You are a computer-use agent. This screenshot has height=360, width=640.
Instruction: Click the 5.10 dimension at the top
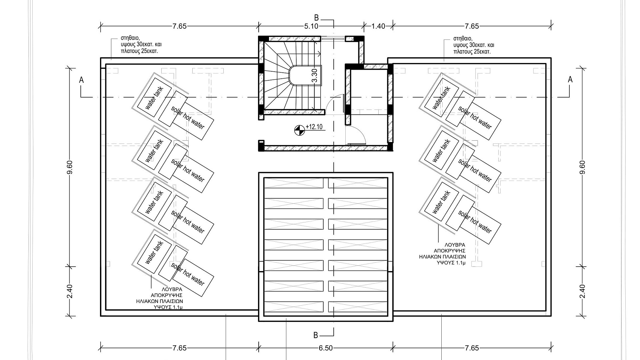pos(311,26)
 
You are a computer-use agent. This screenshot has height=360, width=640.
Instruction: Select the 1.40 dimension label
pos(378,26)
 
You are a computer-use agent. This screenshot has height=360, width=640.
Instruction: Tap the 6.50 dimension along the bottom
pos(326,348)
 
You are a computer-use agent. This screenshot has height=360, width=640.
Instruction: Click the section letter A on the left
pos(81,80)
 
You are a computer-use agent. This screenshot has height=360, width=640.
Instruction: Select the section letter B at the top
pos(317,18)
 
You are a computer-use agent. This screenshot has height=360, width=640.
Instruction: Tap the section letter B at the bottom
pos(316,335)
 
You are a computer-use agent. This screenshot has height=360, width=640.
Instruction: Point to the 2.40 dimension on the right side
pos(582,291)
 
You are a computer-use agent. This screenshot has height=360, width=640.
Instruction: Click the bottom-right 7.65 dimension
pos(472,348)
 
